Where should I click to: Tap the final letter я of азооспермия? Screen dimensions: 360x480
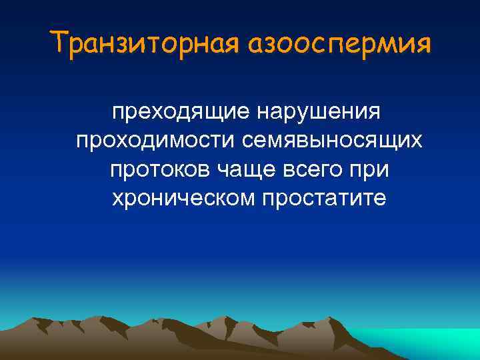point(424,47)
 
